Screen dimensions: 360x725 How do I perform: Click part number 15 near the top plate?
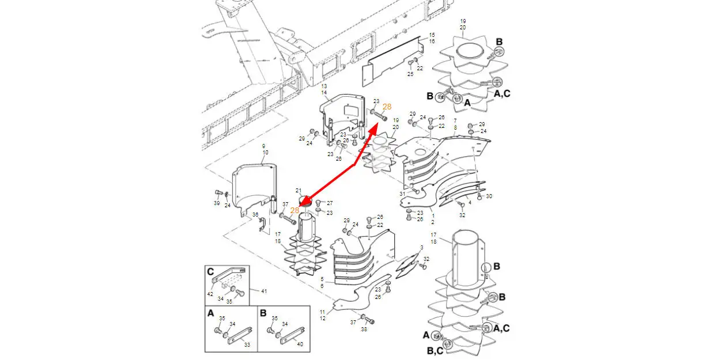(x=432, y=35)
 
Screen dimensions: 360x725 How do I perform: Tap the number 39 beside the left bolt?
(x=217, y=203)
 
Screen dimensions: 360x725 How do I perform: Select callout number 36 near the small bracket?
(x=255, y=215)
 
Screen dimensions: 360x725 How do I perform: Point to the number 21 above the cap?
(x=299, y=190)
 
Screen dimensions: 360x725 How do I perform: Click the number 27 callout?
(x=330, y=203)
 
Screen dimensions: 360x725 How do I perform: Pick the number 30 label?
(x=489, y=196)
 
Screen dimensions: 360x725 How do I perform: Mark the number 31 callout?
(x=402, y=194)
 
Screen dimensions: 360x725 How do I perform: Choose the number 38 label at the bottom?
(x=364, y=329)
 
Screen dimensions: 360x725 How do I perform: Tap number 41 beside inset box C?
(x=264, y=291)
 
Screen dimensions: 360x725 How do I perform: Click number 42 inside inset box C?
(x=210, y=294)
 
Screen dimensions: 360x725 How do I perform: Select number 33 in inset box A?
(x=247, y=344)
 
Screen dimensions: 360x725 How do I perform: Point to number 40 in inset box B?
(x=299, y=344)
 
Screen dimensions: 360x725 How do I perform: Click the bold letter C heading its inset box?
(x=211, y=272)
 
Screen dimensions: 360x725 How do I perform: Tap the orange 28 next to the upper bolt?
(x=387, y=107)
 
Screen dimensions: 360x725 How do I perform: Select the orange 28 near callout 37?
(x=294, y=211)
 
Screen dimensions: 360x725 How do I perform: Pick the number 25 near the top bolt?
(x=410, y=74)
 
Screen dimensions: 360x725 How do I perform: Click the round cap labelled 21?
(x=304, y=200)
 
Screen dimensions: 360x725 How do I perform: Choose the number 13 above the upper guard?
(x=324, y=86)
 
